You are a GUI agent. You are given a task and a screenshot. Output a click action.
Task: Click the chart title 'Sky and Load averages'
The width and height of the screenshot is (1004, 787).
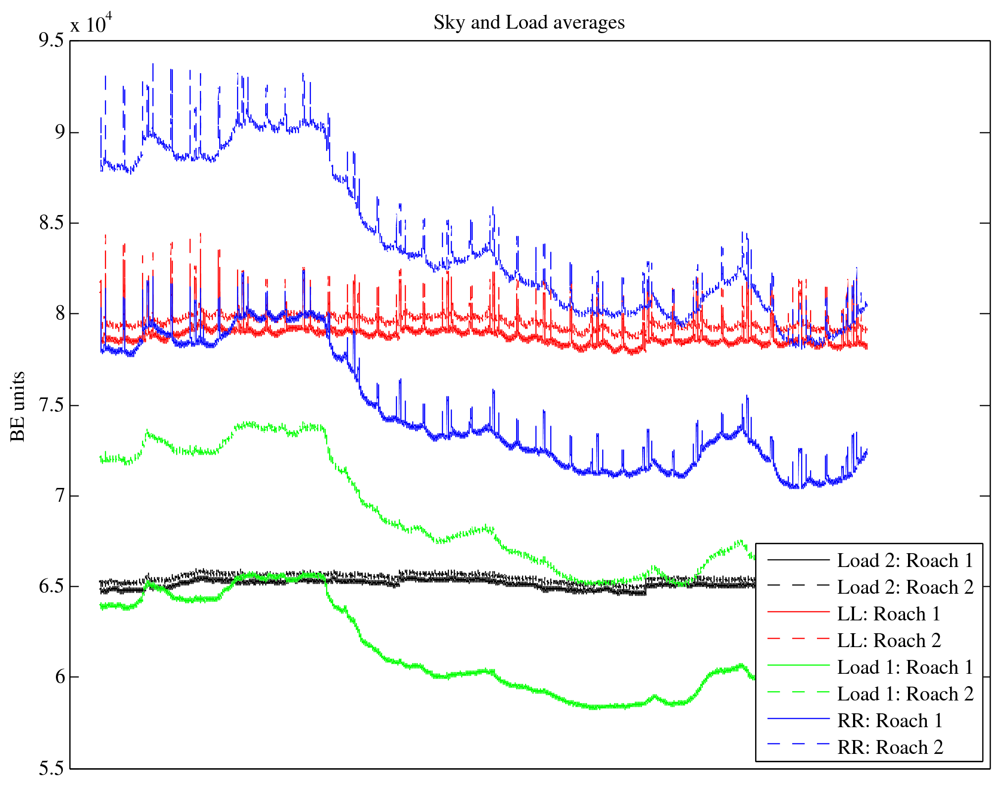(x=529, y=23)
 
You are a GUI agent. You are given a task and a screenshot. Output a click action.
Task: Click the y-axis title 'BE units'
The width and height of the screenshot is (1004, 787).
(x=18, y=406)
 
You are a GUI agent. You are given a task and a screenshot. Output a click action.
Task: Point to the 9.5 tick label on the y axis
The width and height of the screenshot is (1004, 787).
(x=51, y=41)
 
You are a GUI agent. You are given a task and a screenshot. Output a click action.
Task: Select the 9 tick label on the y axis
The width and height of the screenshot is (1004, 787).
(x=59, y=132)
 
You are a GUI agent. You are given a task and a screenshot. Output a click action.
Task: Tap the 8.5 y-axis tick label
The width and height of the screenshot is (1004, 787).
(x=51, y=223)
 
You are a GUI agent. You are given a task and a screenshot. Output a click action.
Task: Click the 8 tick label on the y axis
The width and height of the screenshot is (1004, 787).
(x=59, y=314)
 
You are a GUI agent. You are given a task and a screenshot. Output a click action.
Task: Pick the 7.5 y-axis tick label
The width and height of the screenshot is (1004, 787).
(x=51, y=405)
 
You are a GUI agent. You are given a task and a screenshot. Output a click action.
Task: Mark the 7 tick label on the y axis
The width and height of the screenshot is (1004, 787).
(x=59, y=496)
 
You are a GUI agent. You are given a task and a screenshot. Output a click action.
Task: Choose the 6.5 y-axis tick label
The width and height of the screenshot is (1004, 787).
(x=51, y=587)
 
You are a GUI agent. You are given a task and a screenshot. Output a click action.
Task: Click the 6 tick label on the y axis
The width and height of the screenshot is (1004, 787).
(x=59, y=677)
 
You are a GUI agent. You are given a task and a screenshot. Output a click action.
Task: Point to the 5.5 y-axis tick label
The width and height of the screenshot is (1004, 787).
(x=51, y=769)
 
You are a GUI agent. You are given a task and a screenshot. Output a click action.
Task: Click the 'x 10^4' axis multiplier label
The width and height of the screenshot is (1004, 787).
(x=91, y=23)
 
